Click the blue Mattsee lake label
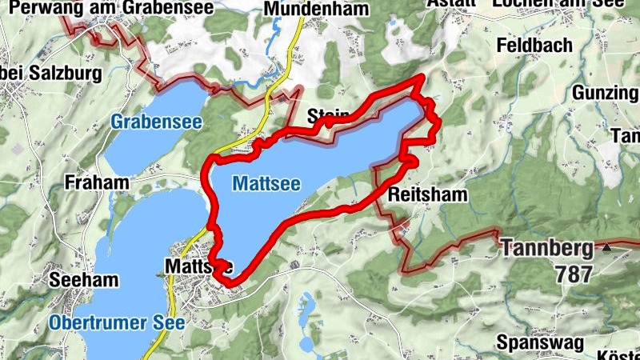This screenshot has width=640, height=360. [266, 184]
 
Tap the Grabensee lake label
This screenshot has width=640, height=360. [156, 122]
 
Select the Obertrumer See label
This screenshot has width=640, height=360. [117, 323]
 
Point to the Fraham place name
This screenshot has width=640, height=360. [98, 182]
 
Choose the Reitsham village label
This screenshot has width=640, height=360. [426, 194]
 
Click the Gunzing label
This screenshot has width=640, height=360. [605, 93]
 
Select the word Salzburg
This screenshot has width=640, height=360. [64, 74]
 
